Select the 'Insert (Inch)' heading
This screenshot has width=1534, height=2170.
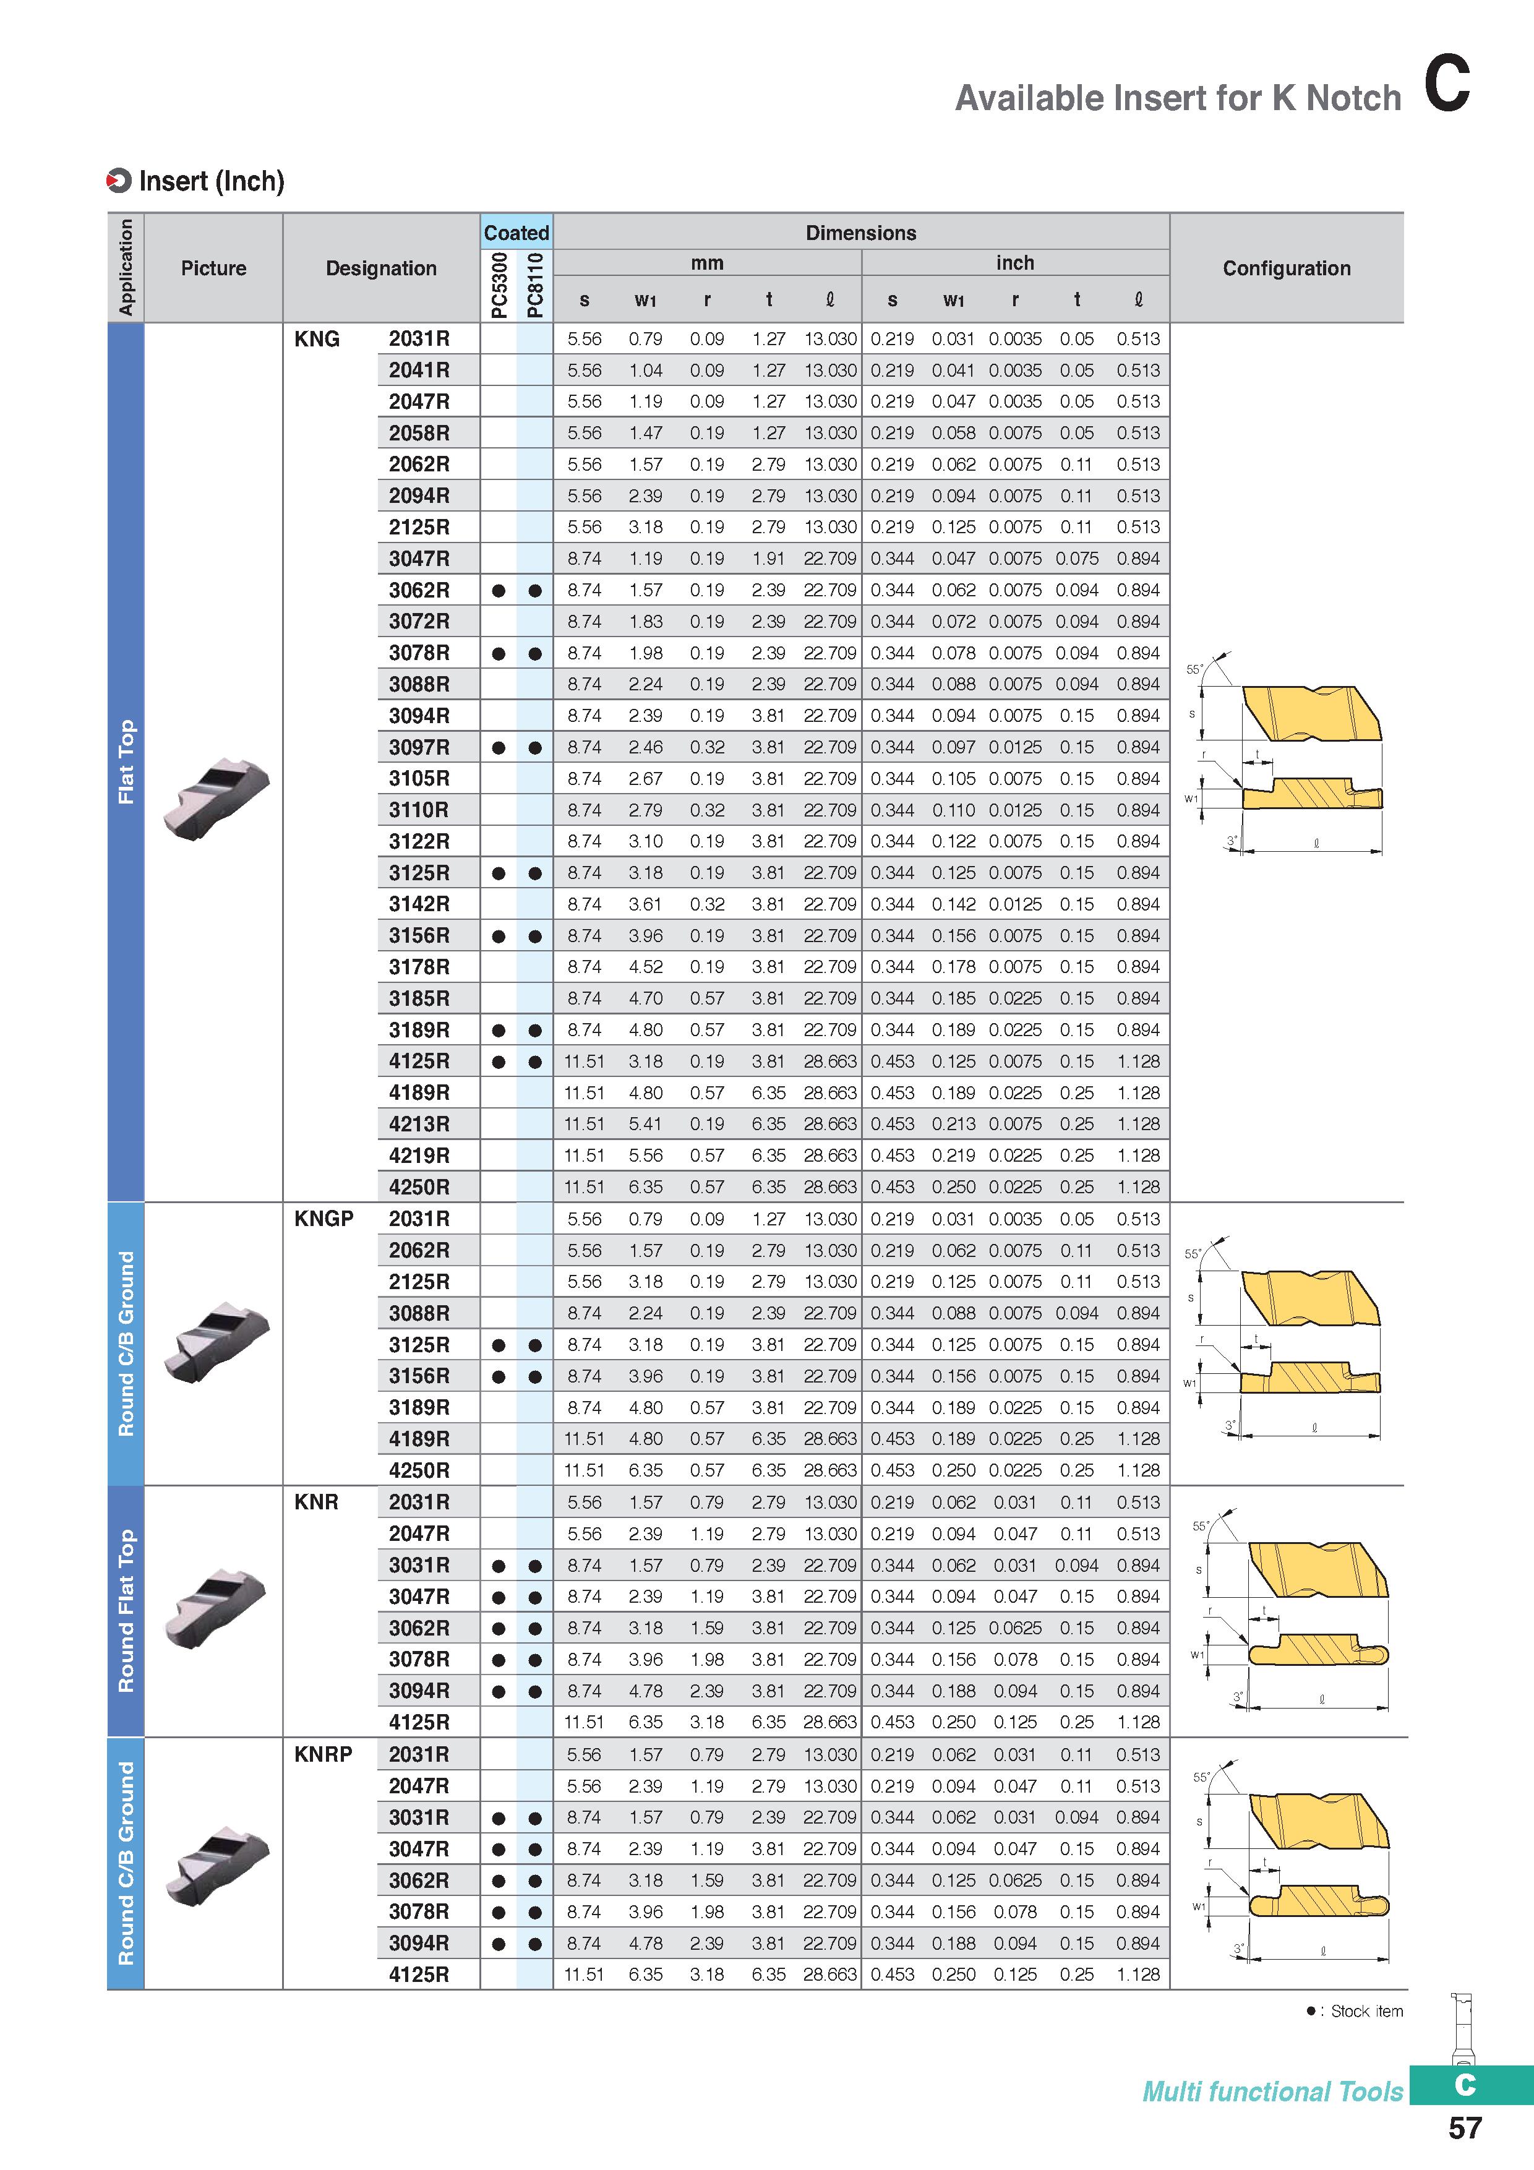[211, 181]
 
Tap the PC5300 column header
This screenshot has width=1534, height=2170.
[499, 285]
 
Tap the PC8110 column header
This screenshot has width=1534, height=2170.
[535, 285]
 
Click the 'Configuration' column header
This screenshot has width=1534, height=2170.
[1287, 268]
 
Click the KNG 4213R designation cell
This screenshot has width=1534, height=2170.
[419, 1124]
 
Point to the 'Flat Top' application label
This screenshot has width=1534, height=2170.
[126, 761]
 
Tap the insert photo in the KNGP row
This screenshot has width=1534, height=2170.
[217, 1343]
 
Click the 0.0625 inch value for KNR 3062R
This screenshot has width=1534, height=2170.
[1015, 1627]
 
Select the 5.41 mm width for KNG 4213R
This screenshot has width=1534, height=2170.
[646, 1124]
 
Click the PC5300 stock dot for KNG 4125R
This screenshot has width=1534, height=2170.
[499, 1061]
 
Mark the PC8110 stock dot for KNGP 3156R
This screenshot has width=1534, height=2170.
[535, 1376]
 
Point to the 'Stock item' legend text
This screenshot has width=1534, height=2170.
[1367, 2011]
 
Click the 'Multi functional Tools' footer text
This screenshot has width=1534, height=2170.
[1273, 2091]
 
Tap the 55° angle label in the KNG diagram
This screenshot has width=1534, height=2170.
[1194, 669]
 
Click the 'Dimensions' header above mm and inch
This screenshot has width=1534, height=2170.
[861, 233]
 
